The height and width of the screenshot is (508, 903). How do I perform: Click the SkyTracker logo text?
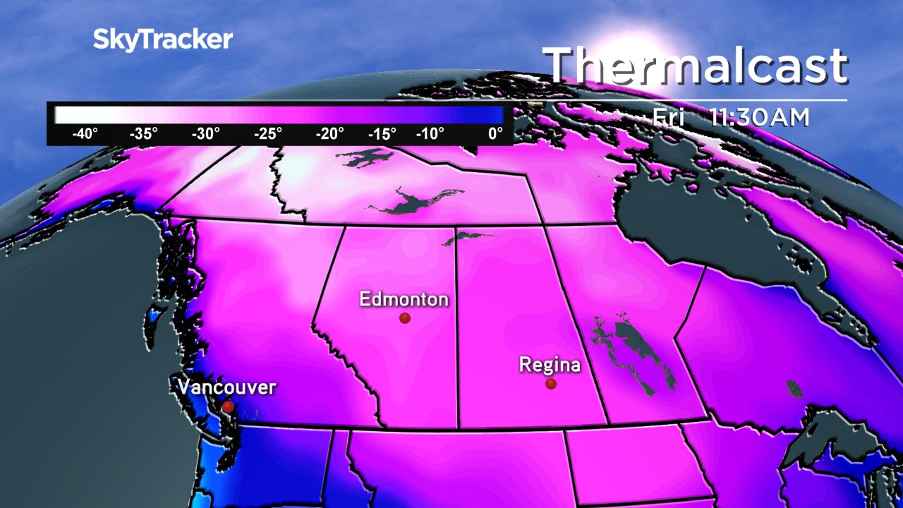[x=162, y=40]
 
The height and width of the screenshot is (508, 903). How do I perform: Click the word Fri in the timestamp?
[x=669, y=118]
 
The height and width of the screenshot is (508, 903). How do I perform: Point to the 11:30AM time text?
[x=759, y=118]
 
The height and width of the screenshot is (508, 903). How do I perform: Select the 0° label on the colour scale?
[x=496, y=134]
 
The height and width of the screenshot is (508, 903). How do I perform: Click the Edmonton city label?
[x=404, y=299]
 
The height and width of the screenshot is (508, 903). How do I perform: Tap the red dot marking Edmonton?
[x=405, y=318]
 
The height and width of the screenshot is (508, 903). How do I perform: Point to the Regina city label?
[x=550, y=365]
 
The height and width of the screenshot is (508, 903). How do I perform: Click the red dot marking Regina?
[x=551, y=384]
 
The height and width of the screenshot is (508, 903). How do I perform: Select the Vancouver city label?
[x=226, y=387]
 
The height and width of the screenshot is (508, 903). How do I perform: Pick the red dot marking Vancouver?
[x=228, y=407]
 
